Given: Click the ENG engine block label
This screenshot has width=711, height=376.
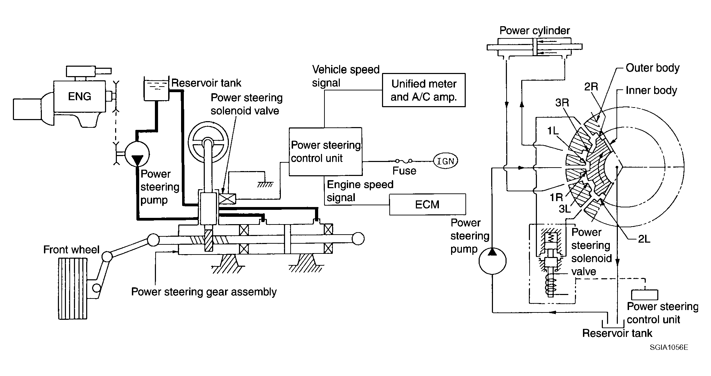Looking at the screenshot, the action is [x=80, y=96].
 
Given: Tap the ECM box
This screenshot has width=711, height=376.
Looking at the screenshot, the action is [x=427, y=204].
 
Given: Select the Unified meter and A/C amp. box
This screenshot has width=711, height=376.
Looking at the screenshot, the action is [x=424, y=90].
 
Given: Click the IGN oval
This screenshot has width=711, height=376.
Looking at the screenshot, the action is [x=446, y=161].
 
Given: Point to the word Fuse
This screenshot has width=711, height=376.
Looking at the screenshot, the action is [x=404, y=171].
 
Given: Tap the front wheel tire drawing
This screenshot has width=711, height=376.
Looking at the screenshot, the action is [x=73, y=288].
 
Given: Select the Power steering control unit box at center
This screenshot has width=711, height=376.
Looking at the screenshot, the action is [x=325, y=152].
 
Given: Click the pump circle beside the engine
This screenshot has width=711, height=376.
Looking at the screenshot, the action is [x=137, y=154].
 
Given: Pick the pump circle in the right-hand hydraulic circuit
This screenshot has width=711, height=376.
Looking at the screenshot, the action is [x=492, y=260].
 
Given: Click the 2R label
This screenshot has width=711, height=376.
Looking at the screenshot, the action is [x=591, y=87].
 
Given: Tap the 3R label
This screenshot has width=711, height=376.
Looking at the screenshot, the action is [x=562, y=103].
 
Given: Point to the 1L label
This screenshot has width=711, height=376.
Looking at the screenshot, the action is [x=553, y=131].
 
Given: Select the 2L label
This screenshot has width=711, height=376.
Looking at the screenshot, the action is [x=644, y=239].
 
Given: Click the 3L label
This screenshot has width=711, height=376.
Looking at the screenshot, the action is [x=565, y=208].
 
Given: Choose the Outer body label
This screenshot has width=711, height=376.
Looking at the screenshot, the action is [x=652, y=68].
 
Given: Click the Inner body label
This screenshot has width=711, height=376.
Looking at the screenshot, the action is [x=651, y=90].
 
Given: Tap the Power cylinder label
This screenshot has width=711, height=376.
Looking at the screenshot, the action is [x=534, y=31].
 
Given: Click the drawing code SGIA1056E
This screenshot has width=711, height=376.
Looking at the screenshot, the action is [x=669, y=347].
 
